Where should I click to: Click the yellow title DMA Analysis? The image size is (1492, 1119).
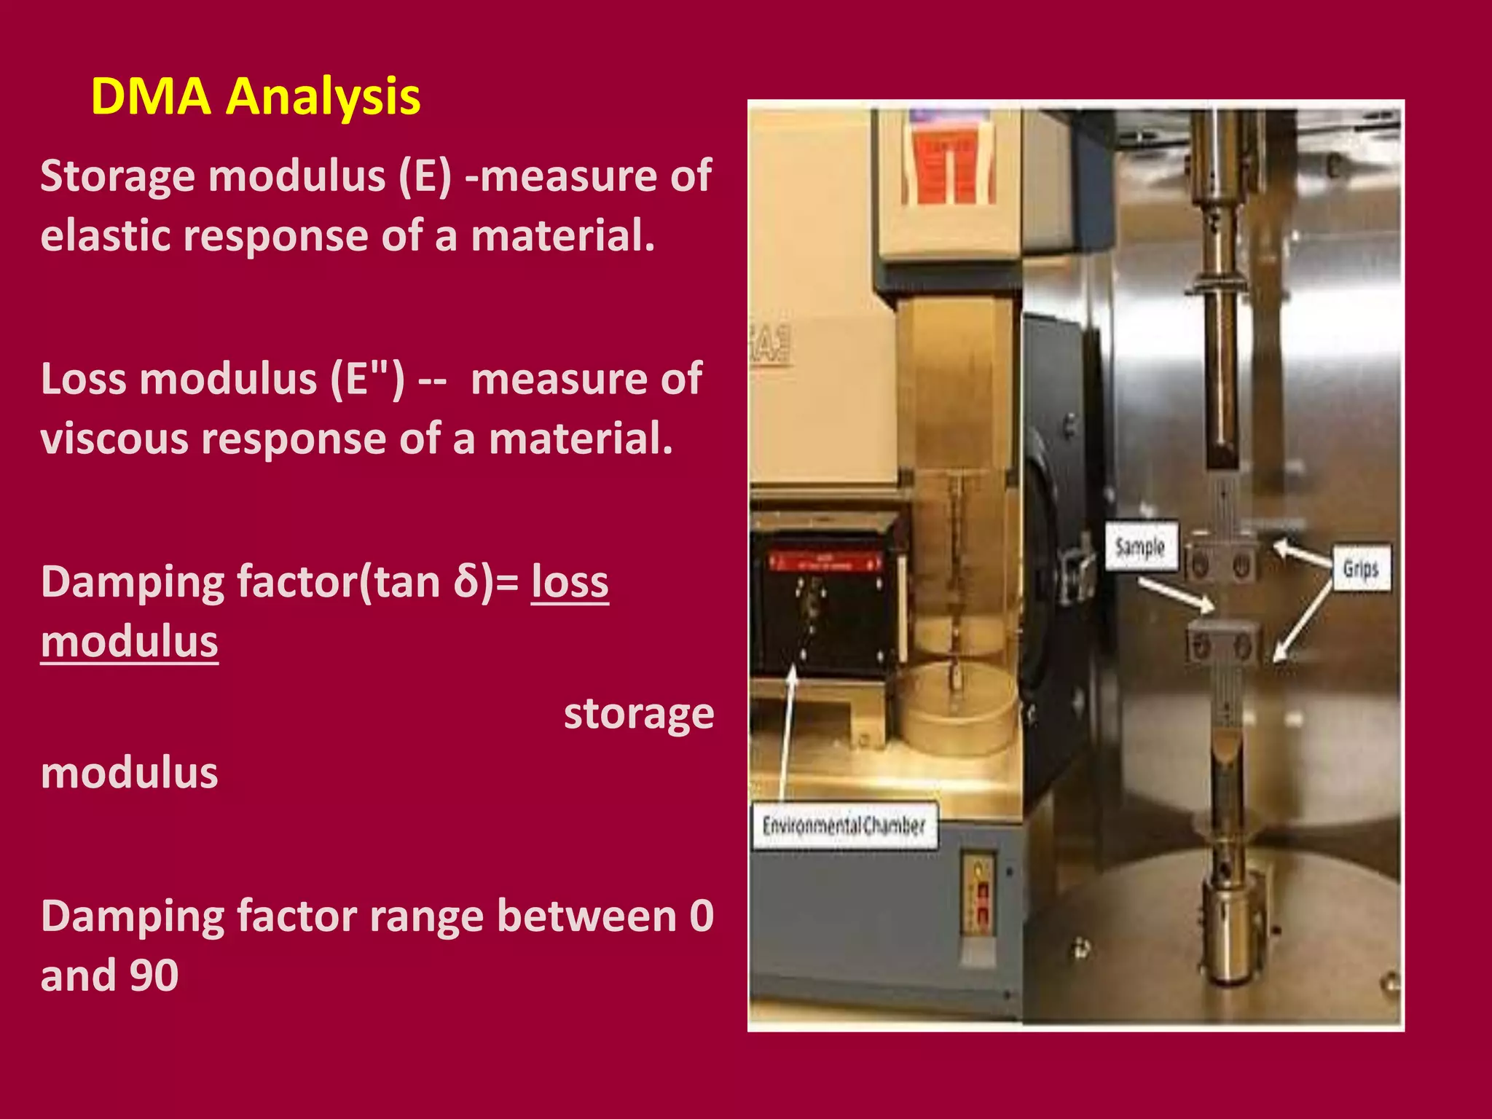point(255,96)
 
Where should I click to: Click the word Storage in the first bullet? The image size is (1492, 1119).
point(117,177)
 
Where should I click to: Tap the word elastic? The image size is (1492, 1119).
point(105,236)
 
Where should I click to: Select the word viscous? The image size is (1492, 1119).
point(114,439)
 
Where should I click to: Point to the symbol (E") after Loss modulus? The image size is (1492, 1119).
point(367,380)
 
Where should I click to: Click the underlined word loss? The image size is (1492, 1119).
point(570,583)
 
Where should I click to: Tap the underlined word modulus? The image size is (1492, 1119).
point(130,643)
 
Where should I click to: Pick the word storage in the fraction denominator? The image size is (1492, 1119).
point(639,714)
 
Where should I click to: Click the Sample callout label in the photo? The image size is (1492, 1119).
point(1140,546)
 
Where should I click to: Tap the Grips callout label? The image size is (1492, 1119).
point(1361,568)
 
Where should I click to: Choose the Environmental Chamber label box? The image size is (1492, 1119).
point(844,825)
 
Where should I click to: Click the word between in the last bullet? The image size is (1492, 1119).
point(586,916)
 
